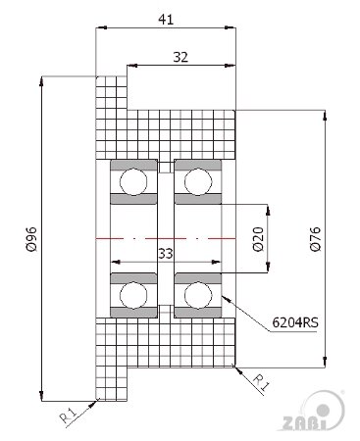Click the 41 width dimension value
(166, 20)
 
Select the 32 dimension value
(180, 57)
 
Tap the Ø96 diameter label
(31, 239)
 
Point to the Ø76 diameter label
(316, 239)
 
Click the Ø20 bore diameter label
(258, 239)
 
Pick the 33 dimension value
(166, 254)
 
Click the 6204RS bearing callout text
(295, 322)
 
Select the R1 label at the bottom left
(68, 416)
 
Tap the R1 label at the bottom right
(262, 382)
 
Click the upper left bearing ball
(133, 181)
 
